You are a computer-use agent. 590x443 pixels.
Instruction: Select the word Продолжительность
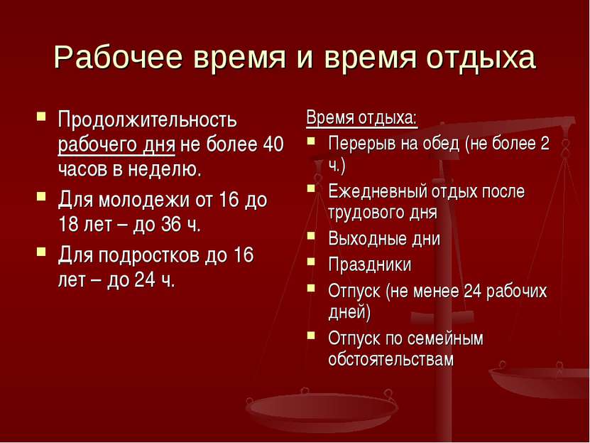click(x=148, y=120)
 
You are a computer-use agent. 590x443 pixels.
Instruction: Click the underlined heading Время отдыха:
click(x=362, y=118)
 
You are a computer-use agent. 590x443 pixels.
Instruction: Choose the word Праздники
click(x=370, y=264)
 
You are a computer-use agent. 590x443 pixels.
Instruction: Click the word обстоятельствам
click(x=391, y=359)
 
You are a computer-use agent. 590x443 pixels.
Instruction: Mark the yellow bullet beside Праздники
click(x=311, y=261)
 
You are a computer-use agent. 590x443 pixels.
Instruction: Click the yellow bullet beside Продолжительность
click(x=41, y=116)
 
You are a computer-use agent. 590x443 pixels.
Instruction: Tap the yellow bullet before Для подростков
click(x=41, y=251)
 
